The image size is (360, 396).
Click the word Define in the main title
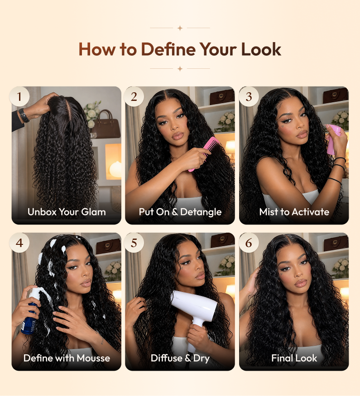[168, 49]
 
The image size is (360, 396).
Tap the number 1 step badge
[19, 96]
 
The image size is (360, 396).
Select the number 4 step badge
[19, 243]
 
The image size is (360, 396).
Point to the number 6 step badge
[249, 243]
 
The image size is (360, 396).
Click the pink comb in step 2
[203, 153]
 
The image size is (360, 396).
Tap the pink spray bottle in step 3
[333, 139]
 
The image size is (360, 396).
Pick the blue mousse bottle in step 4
[30, 311]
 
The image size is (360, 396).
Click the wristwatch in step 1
[24, 115]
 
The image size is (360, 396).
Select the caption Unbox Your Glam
[67, 212]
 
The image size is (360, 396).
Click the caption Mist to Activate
[294, 212]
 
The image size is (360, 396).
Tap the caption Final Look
[294, 358]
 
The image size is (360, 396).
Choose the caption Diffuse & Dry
[180, 358]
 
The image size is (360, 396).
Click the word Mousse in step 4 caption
[93, 358]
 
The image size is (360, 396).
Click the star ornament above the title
[180, 28]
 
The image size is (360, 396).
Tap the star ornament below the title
[180, 68]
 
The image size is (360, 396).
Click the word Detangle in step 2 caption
[201, 212]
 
